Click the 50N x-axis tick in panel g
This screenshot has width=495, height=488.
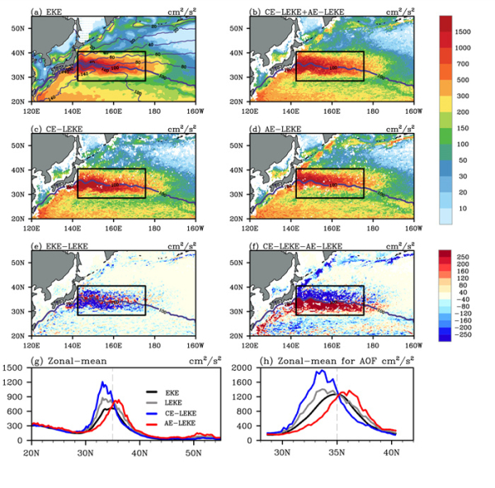coord(193,454)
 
